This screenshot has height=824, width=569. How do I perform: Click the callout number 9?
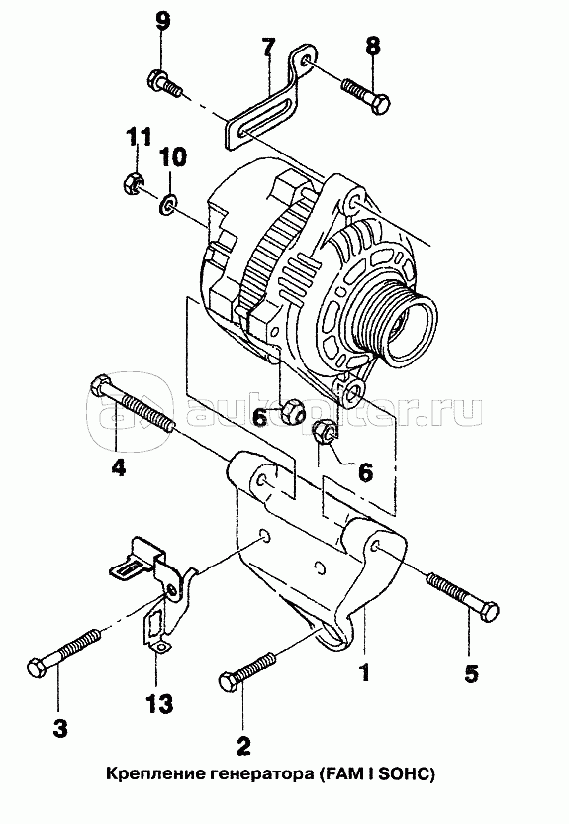point(162,21)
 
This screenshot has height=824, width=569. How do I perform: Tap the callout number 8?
point(373,47)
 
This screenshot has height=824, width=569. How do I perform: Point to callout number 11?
point(139,136)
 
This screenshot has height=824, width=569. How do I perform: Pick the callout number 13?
point(159,703)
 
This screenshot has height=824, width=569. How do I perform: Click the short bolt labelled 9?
point(164,85)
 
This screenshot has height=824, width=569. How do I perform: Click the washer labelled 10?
point(168,204)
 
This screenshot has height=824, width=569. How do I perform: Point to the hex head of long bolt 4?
point(101,388)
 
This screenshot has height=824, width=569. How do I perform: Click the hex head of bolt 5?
point(489,613)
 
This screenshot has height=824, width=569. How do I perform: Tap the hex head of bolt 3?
point(37,669)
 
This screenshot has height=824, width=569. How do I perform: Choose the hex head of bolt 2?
point(229,682)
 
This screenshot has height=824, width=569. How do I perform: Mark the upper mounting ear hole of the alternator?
point(354,201)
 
